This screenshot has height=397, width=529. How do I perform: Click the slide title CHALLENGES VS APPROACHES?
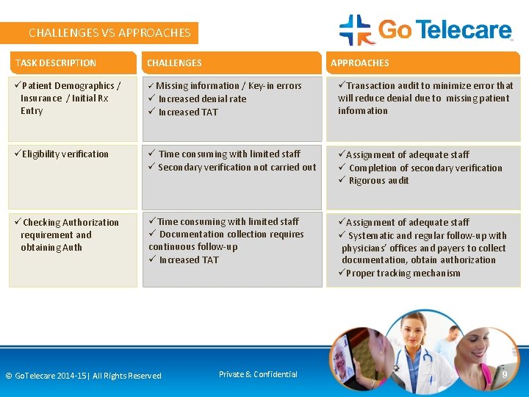pos(109,33)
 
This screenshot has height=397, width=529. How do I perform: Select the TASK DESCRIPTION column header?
pos(56,63)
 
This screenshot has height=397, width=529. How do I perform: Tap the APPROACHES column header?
pos(360,63)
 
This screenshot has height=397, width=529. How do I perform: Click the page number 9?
pos(504,375)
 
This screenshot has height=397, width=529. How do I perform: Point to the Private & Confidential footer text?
pos(258,374)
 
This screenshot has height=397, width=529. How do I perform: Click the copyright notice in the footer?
pos(83,376)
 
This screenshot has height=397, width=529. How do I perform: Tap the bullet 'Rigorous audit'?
pos(378,181)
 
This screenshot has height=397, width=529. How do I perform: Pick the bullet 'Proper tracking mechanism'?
pos(403,273)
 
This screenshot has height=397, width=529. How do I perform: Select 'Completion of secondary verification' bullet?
pos(425,168)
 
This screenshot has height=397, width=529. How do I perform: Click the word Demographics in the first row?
pos(84,86)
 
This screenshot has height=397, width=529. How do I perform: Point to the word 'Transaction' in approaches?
pos(373,86)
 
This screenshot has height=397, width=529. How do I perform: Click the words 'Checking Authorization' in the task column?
pos(71,223)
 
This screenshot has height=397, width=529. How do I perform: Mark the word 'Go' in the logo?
pos(395,30)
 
